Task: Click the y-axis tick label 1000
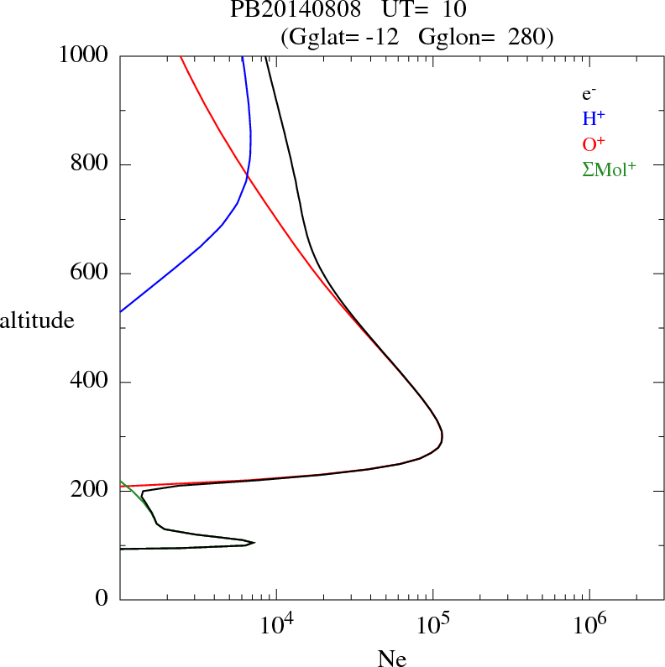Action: tap(84, 55)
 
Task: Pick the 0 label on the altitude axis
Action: tap(102, 599)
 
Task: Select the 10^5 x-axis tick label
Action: tap(432, 626)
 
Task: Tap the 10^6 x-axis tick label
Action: tap(589, 626)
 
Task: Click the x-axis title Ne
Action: tap(392, 659)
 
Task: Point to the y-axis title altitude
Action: tap(37, 320)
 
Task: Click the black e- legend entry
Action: tap(589, 94)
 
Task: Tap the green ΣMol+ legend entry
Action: tap(609, 169)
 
